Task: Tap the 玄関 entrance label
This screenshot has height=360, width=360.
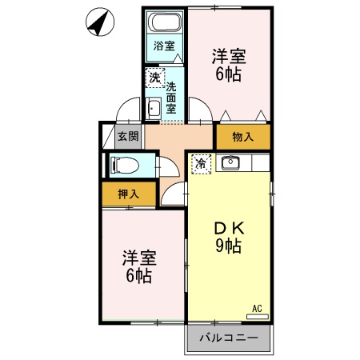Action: coord(128,136)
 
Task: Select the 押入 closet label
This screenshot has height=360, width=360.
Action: coord(128,193)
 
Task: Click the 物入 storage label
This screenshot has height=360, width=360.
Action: coord(242,138)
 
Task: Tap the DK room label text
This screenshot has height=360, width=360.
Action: coord(227,226)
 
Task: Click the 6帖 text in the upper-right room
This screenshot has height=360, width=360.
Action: coord(228,76)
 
